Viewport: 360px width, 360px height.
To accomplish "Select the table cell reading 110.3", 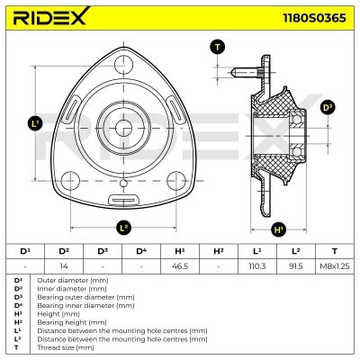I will click(256, 266).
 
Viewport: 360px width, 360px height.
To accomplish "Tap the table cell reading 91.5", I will click(295, 266).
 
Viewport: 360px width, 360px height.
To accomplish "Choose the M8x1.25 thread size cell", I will click(334, 266).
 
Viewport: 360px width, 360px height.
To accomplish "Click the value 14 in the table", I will click(63, 266).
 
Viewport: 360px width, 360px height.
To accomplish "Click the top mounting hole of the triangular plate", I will click(123, 59).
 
